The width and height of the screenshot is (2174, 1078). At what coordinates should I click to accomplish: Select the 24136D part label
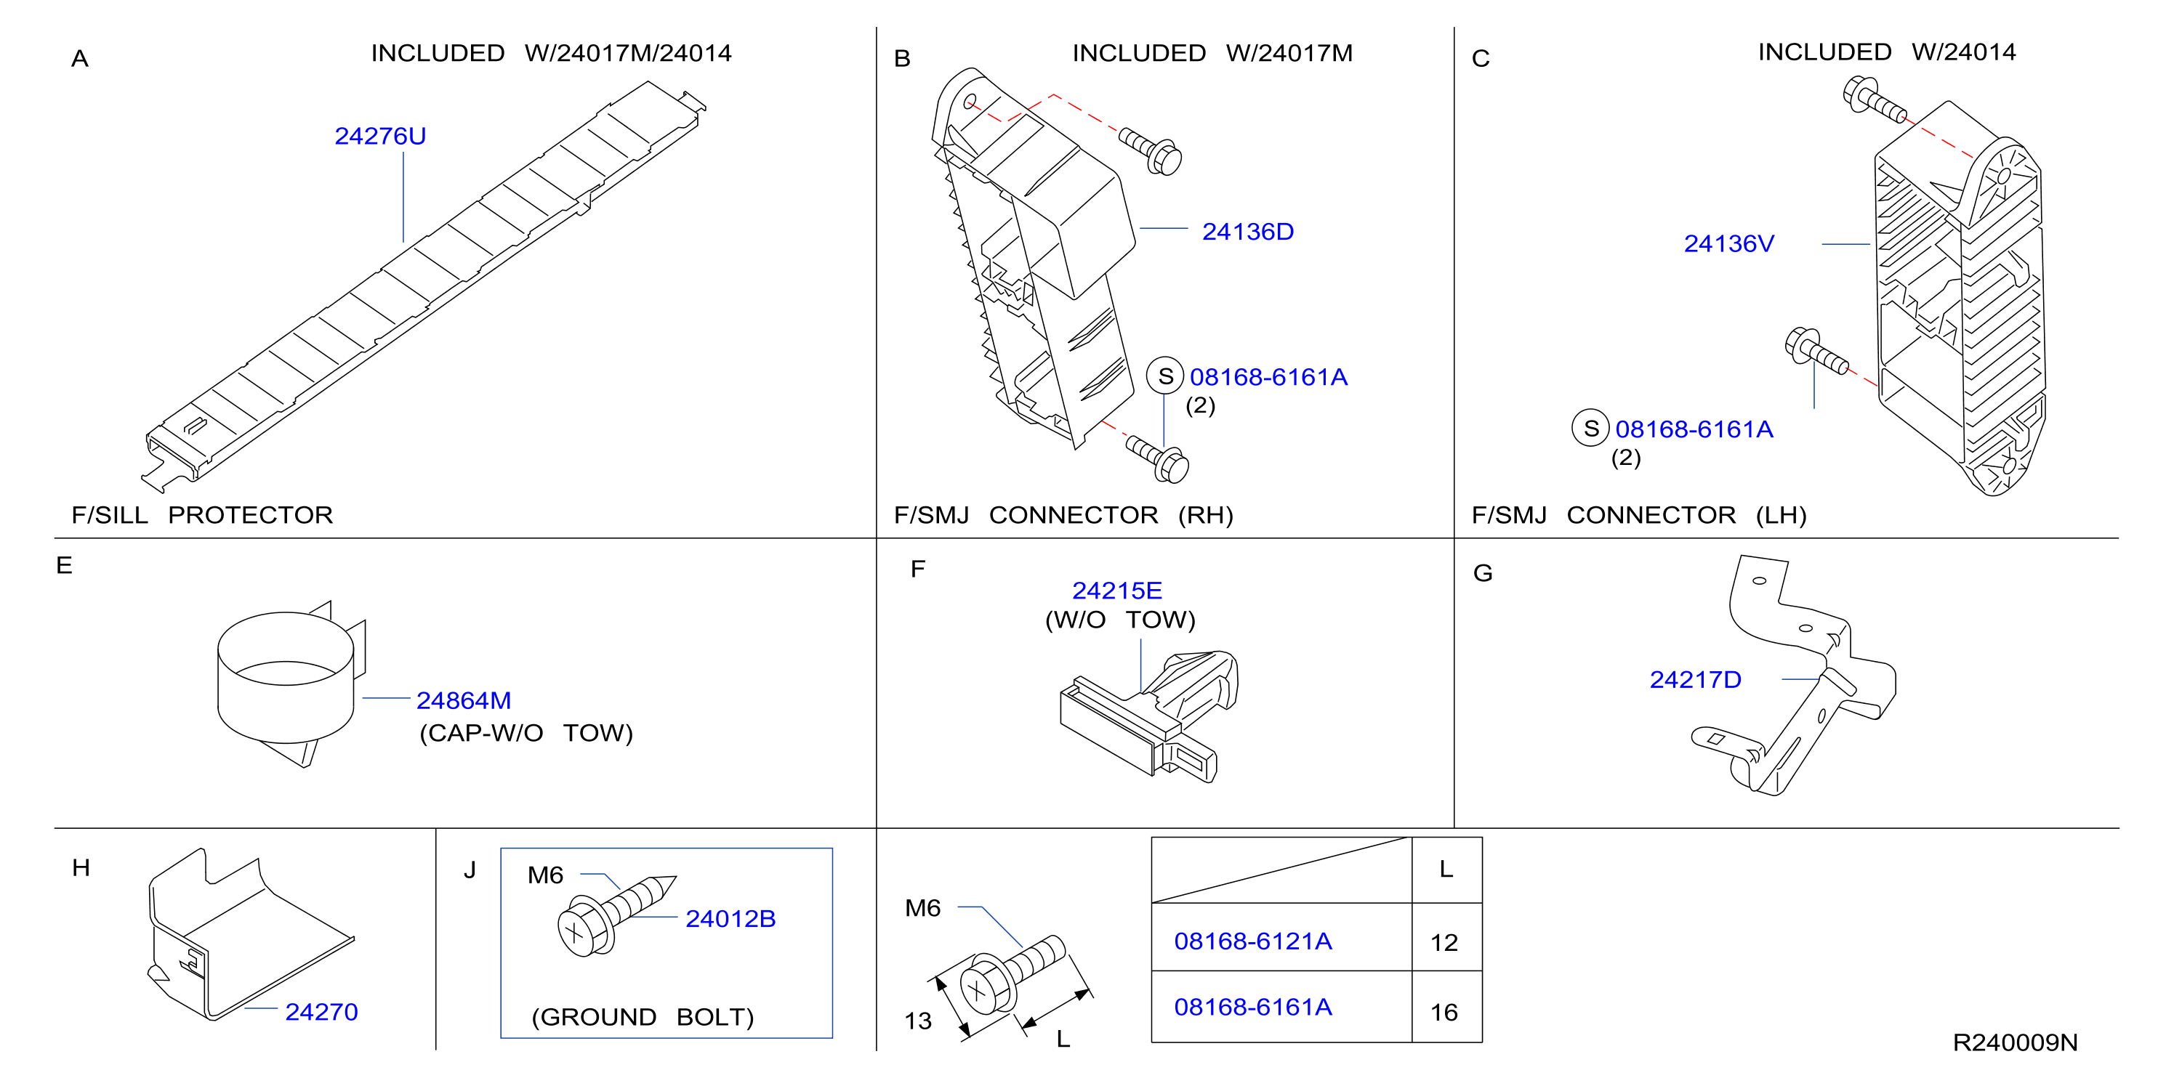1247,232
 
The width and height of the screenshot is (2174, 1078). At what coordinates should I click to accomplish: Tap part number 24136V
1728,244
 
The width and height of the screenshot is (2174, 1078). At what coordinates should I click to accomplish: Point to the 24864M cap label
463,701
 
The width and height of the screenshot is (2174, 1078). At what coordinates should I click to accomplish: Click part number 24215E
1116,591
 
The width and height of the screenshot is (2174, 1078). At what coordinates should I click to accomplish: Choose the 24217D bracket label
1694,680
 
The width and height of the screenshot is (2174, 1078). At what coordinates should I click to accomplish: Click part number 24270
321,1012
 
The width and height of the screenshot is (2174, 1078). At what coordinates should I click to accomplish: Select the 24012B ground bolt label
730,920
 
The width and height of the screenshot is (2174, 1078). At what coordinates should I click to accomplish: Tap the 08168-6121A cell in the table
1252,941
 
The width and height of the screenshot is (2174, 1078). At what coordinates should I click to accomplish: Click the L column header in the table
1446,870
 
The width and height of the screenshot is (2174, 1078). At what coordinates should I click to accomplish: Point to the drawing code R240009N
2015,1042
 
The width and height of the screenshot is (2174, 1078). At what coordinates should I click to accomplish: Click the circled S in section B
1165,376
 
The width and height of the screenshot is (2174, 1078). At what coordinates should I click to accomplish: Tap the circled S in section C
1591,429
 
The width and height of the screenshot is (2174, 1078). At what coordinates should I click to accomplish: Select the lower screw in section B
1157,459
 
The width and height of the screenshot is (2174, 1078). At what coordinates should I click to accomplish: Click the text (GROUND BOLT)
643,1017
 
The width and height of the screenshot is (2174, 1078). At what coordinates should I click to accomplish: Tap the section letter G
1483,574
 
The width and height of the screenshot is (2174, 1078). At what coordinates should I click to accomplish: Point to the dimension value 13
918,1021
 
